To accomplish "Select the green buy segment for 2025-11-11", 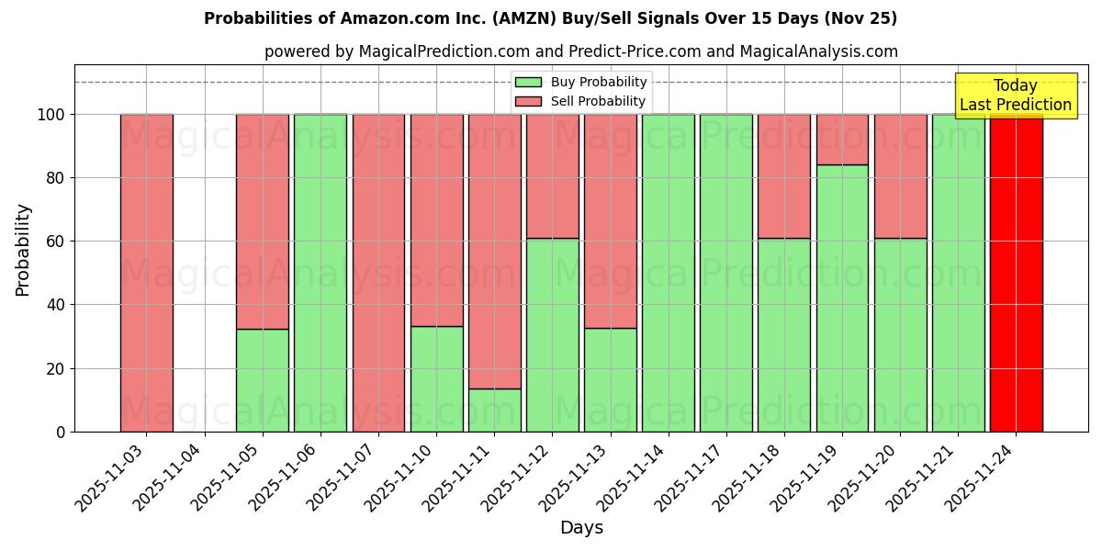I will tap(494, 410).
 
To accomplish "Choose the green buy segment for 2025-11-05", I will tap(263, 380).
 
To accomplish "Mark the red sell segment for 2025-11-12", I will tap(552, 176).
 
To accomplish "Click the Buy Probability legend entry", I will tap(581, 83).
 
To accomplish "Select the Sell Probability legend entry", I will tap(581, 101).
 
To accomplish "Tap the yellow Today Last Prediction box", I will tap(1015, 96).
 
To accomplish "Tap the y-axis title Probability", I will tap(23, 249).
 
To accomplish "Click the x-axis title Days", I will tap(581, 528).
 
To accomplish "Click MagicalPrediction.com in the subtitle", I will tap(447, 51).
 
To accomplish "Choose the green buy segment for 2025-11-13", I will tap(610, 379).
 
